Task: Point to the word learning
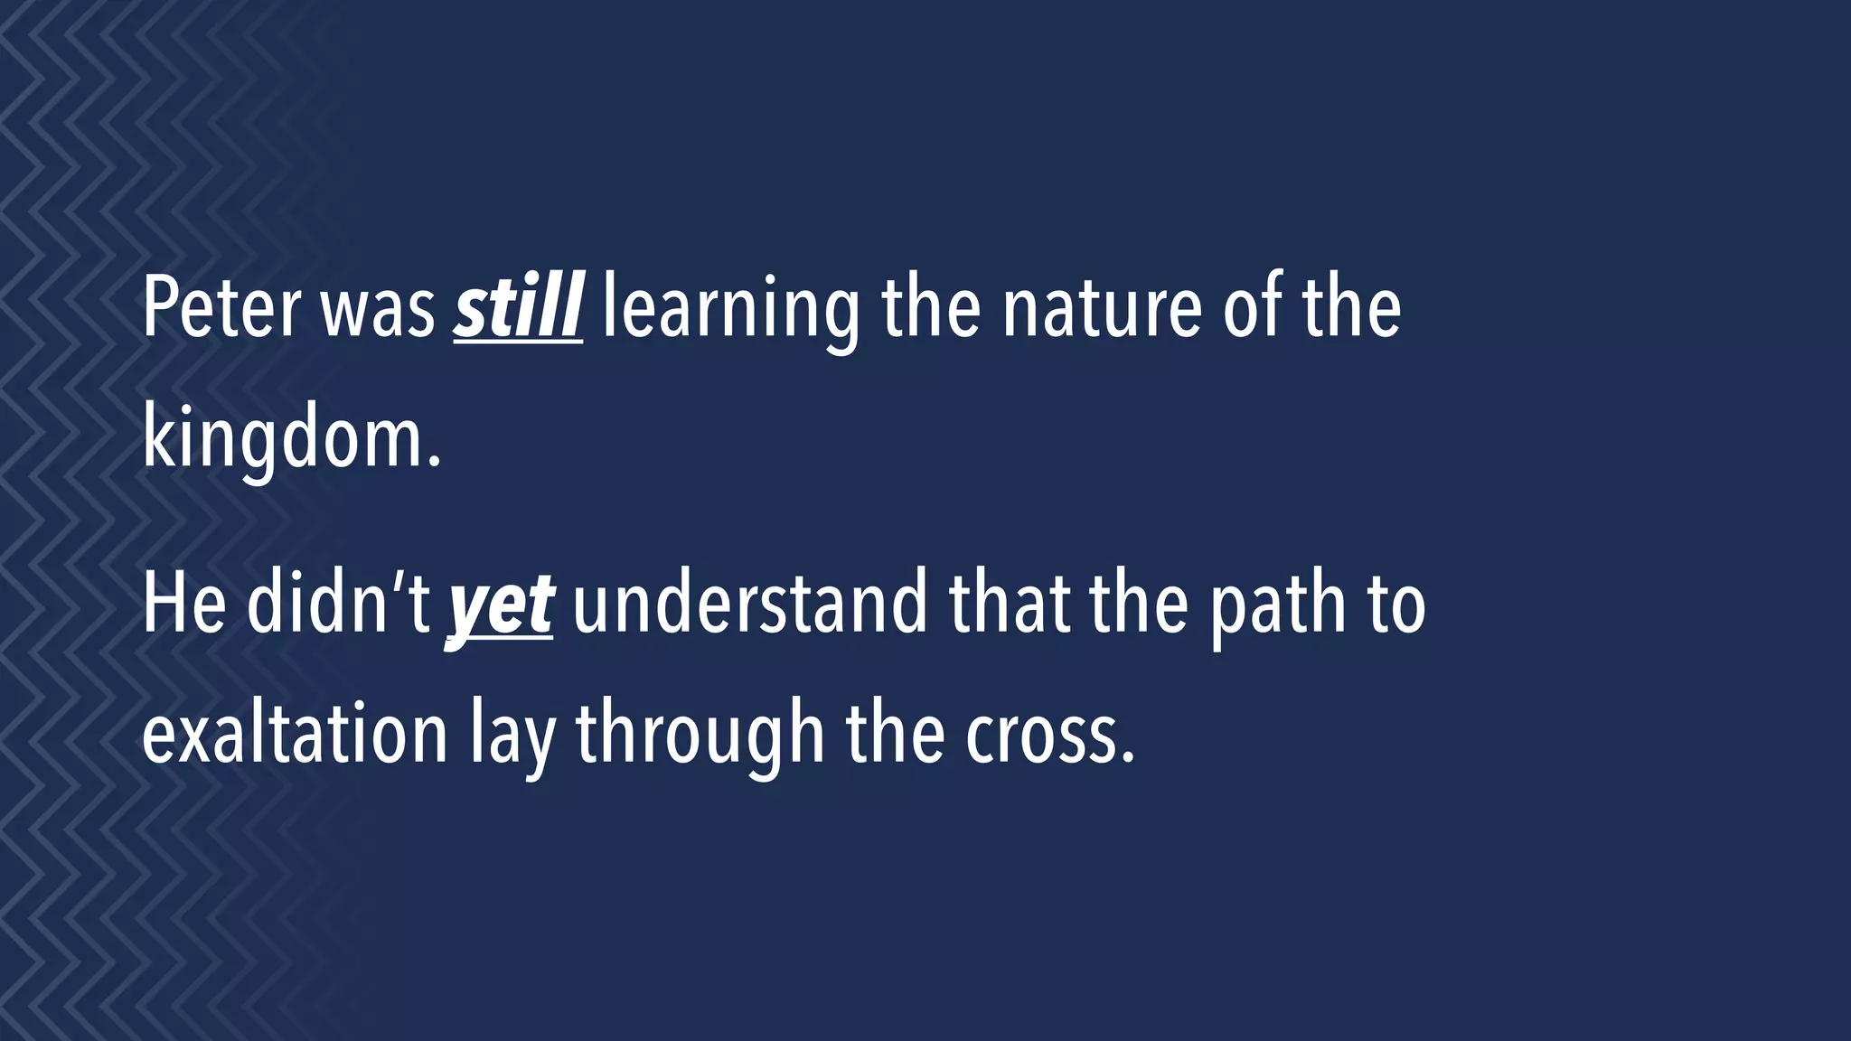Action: coord(730,310)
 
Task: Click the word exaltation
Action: coord(295,734)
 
